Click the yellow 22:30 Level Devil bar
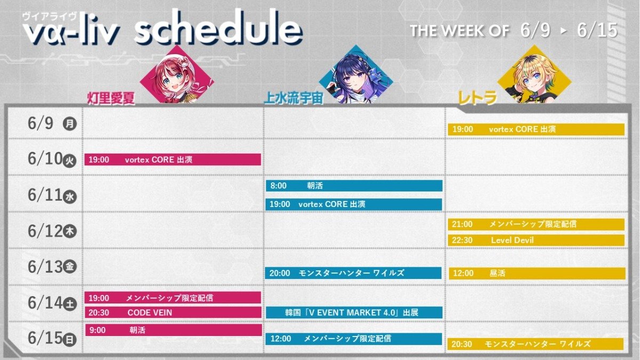point(536,240)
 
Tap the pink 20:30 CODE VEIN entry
point(173,313)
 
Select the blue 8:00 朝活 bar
point(354,186)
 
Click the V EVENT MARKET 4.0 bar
point(354,313)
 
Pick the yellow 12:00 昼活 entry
point(537,273)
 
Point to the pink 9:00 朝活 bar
point(173,330)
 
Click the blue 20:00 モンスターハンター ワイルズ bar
point(353,273)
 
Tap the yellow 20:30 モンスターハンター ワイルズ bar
point(535,343)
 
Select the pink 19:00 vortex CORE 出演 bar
point(173,159)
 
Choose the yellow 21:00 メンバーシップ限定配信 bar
point(536,225)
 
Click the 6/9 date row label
point(41,123)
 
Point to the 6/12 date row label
point(45,231)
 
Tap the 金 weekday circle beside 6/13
point(70,267)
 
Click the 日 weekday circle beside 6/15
point(69,339)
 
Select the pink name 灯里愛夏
point(111,99)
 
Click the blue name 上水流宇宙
point(293,98)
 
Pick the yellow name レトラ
point(477,98)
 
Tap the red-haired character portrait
point(177,75)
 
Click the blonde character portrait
point(534,74)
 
